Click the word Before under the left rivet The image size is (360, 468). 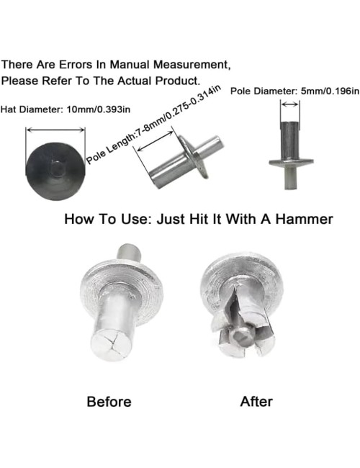109,402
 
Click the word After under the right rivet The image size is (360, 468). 256,402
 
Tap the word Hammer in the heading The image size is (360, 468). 304,219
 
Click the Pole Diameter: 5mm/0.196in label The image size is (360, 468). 294,91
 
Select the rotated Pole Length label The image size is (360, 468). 153,124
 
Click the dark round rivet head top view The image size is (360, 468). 55,171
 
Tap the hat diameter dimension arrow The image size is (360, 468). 55,130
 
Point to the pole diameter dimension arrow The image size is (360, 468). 290,104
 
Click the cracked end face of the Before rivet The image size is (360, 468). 112,346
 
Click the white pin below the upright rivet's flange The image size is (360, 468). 290,178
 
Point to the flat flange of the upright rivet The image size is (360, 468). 291,163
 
